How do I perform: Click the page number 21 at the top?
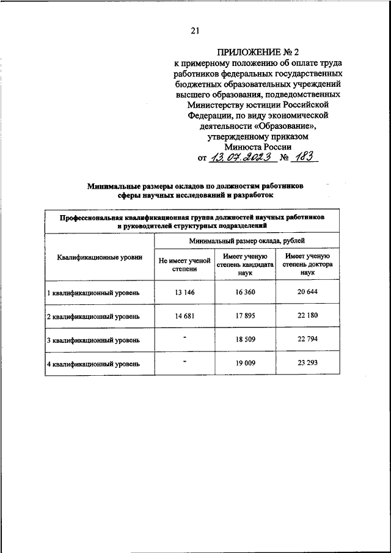point(195,32)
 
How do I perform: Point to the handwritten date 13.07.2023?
point(236,158)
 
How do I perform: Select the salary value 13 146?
point(184,292)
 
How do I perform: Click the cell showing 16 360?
point(245,292)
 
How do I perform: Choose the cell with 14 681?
point(184,316)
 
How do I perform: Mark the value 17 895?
point(245,316)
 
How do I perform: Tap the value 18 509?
point(245,339)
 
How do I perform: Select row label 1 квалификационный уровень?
point(93,293)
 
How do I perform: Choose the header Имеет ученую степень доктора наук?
point(307,264)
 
